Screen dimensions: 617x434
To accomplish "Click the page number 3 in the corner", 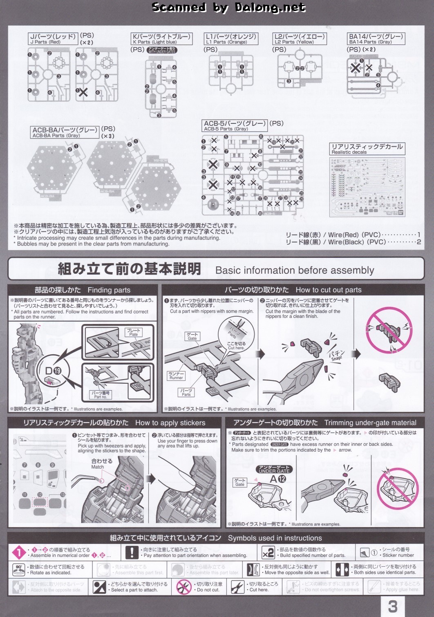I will pos(393,606).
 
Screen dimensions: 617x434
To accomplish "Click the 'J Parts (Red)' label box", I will pos(53,39).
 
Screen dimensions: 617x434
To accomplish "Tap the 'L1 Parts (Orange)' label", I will pos(231,39).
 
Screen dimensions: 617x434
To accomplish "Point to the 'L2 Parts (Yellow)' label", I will pos(300,39).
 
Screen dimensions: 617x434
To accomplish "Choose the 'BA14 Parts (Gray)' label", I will pos(376,39).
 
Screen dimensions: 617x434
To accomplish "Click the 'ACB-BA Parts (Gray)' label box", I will pos(65,132).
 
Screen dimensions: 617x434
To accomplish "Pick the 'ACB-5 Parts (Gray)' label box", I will pos(235,126).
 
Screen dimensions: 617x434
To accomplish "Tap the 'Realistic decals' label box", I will pos(367,149).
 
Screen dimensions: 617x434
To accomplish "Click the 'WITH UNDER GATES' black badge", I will pos(162,50).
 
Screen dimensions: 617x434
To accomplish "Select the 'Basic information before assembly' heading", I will pos(295,270).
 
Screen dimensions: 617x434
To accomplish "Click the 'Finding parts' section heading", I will pos(83,290).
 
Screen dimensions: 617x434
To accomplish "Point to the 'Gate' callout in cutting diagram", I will pos(192,336).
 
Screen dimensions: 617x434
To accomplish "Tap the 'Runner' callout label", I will pos(176,376).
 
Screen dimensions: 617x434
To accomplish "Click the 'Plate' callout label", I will pos(134,332).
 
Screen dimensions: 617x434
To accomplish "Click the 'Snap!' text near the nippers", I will pos(336,355).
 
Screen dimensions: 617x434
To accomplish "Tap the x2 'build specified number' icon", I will pos(268,553).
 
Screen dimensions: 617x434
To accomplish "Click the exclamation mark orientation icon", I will pos(132,553).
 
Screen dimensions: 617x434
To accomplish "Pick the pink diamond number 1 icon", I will pos(19,553).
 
